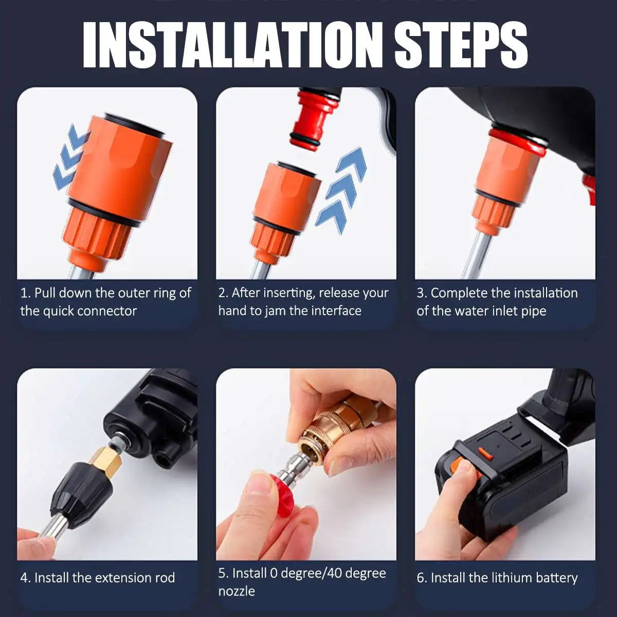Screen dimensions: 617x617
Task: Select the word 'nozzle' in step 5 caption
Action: pos(237,591)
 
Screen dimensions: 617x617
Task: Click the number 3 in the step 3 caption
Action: pos(421,293)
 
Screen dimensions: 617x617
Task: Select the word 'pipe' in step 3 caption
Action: pos(533,312)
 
